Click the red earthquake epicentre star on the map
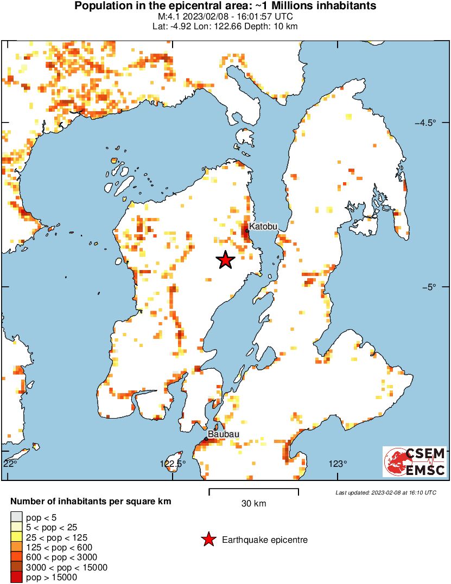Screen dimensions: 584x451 226,260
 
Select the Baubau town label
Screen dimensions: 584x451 224,434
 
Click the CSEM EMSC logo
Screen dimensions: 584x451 415,461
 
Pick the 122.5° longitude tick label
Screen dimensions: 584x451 173,464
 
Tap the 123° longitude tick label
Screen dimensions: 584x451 338,464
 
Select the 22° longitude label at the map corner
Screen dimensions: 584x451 9,464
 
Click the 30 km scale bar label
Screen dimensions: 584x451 253,504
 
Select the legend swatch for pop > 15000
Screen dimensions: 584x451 17,577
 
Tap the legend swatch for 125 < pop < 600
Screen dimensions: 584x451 17,547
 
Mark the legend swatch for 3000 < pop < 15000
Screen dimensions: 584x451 17,567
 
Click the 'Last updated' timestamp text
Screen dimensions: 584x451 385,492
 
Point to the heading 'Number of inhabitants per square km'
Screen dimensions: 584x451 91,502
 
